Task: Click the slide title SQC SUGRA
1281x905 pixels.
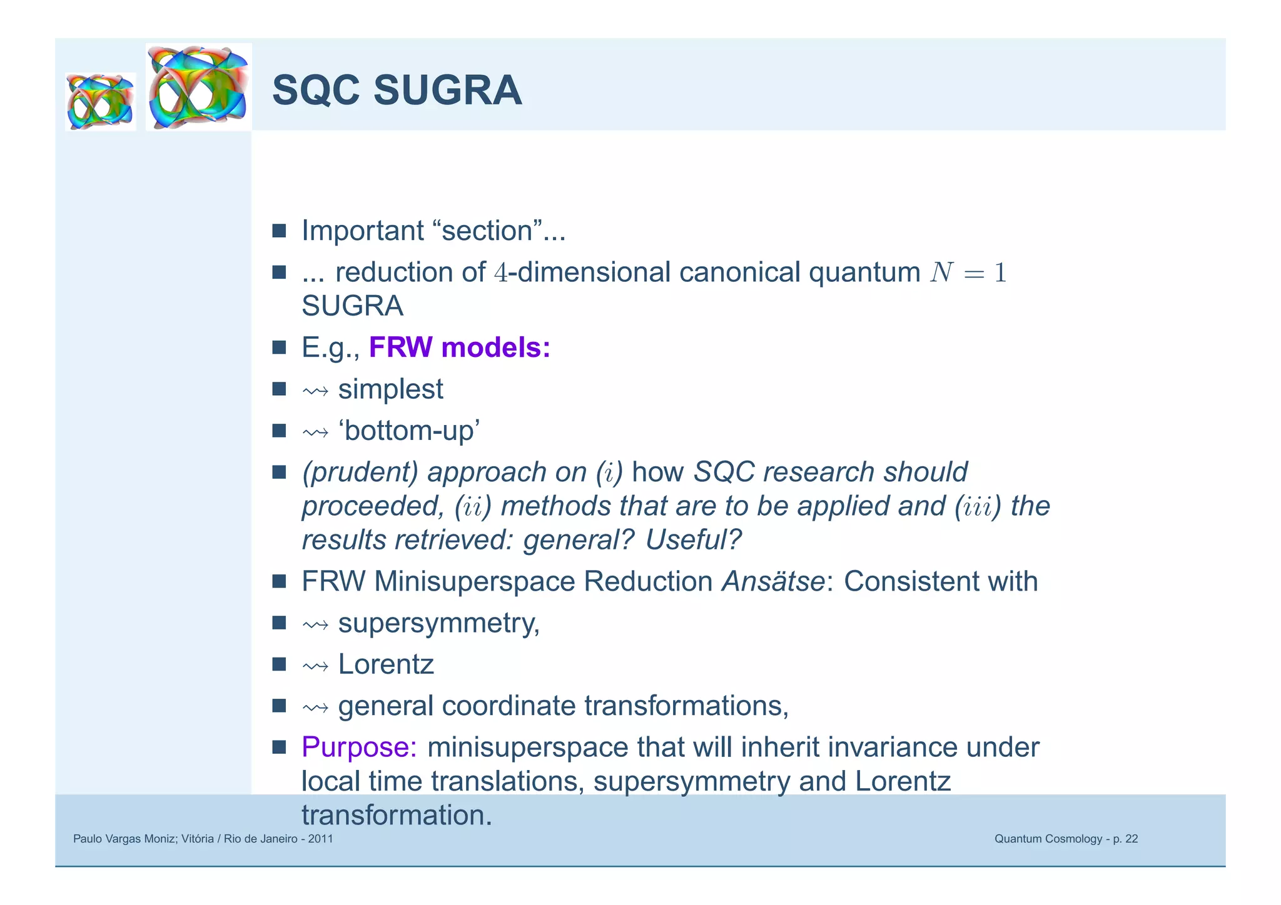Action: click(x=397, y=91)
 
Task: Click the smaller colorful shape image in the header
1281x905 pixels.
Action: click(x=100, y=101)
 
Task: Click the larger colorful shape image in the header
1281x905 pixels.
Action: click(x=199, y=87)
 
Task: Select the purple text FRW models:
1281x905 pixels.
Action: click(x=459, y=347)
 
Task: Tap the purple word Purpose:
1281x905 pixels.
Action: click(x=359, y=747)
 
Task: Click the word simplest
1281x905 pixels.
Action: click(x=390, y=389)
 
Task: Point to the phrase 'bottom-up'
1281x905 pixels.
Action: click(x=409, y=431)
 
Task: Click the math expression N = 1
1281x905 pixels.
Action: click(x=968, y=273)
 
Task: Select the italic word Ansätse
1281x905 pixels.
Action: click(x=773, y=581)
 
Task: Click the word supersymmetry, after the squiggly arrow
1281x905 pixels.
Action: click(x=438, y=623)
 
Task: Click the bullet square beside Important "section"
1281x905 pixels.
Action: click(x=279, y=231)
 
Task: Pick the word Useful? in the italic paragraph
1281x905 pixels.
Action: click(x=693, y=540)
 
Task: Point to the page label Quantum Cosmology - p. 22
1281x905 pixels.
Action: click(x=1066, y=839)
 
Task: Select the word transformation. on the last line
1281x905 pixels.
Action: click(x=397, y=816)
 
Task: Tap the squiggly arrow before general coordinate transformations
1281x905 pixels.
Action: click(x=315, y=707)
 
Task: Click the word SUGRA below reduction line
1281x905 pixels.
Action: click(x=352, y=306)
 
